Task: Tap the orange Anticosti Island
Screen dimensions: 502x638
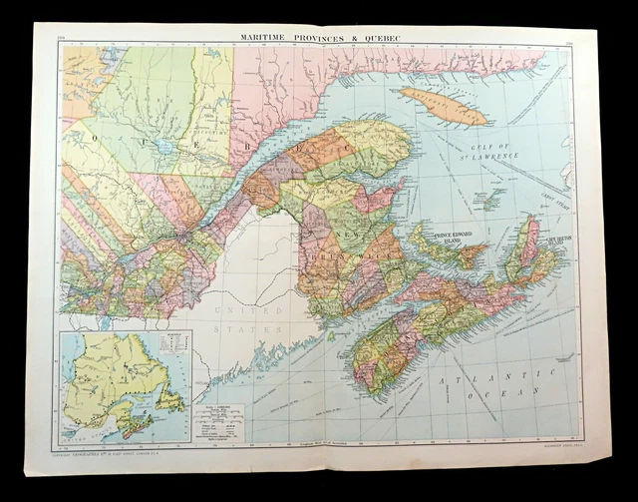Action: click(x=445, y=106)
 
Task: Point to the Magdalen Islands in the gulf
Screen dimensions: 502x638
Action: click(x=489, y=198)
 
